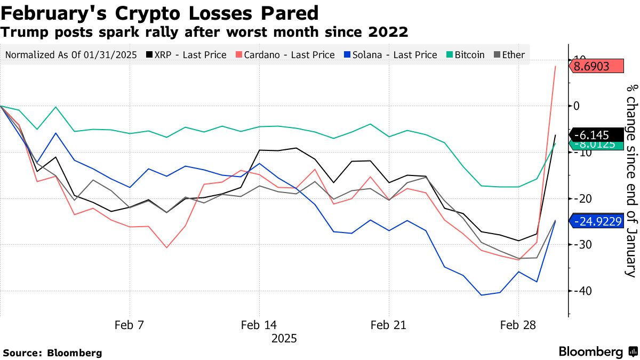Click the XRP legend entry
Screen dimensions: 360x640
coord(187,54)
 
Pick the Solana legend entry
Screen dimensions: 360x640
coord(389,54)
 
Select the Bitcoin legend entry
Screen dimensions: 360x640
coord(466,54)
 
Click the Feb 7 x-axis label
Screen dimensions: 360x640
coord(130,325)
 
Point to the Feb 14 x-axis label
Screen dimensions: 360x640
coord(259,325)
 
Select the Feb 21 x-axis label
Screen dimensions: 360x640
coord(388,325)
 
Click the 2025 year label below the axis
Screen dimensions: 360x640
coord(284,339)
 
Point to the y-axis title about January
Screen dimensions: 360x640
coord(631,181)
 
